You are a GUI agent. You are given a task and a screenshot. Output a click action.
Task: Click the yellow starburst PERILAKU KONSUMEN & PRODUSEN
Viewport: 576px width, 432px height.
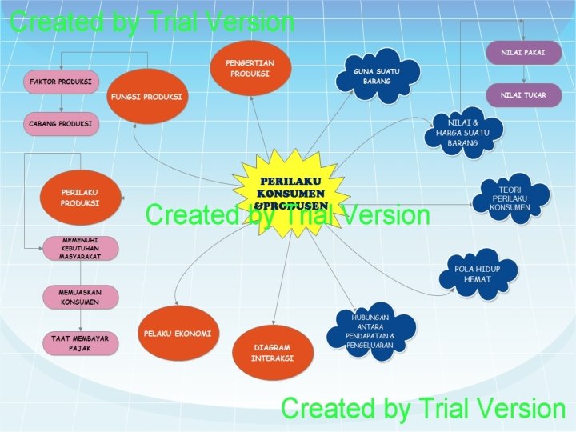[290, 193]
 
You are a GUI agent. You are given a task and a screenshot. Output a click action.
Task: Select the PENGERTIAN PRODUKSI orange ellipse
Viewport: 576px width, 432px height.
[250, 67]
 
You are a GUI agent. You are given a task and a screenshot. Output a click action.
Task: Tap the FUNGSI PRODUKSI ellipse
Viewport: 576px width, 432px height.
[146, 97]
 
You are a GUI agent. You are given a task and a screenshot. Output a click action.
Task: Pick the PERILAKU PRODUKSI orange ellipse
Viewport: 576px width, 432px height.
[80, 197]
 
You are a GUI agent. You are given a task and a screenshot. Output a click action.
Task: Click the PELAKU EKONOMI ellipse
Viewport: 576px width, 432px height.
[178, 333]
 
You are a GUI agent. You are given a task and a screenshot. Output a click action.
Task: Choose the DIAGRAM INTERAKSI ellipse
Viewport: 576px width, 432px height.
[271, 353]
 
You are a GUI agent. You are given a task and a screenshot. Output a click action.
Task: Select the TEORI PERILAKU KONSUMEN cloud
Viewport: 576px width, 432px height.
[511, 198]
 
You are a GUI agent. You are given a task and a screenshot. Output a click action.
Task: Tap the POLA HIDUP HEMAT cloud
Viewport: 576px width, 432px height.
[478, 274]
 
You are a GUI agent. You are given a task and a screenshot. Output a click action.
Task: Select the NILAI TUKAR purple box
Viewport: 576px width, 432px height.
[523, 95]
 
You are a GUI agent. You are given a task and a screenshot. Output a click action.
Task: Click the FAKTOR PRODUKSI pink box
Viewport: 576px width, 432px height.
[60, 82]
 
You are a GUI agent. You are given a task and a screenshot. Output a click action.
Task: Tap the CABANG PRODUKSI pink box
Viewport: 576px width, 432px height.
[60, 124]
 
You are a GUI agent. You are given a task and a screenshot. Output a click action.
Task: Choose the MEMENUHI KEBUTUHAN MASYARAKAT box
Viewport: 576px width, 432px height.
[80, 248]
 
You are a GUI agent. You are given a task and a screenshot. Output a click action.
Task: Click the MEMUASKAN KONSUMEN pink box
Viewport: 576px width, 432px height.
[79, 297]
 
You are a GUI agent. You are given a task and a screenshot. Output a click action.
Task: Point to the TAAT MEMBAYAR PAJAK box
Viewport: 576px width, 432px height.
[80, 343]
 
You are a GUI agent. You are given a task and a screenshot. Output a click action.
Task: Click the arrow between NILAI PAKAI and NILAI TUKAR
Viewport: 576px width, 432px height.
[523, 73]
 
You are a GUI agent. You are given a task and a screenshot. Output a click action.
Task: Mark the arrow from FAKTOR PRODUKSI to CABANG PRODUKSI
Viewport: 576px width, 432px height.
[61, 102]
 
